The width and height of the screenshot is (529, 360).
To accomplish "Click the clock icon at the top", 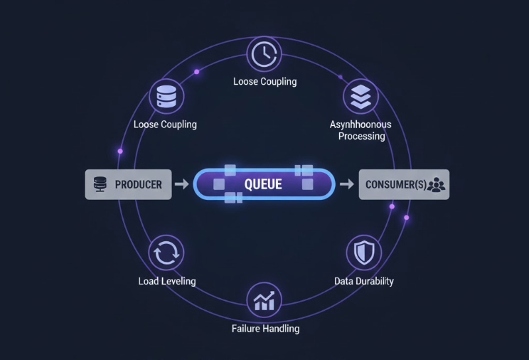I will tap(264, 54).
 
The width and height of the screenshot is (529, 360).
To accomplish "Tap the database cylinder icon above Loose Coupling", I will tap(165, 96).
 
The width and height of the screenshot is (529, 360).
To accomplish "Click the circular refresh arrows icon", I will tap(166, 253).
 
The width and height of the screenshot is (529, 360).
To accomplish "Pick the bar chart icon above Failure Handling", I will tap(264, 301).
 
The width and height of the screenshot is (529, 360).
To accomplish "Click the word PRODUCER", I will tap(138, 184).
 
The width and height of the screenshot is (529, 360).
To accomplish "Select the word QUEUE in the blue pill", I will tap(263, 184).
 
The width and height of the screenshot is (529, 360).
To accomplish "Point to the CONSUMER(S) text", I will tap(396, 185).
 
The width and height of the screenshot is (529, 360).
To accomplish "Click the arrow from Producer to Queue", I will tap(182, 184).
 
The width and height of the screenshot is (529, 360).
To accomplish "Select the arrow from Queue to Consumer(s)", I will tap(346, 184).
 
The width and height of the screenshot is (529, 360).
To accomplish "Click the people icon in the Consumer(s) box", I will tap(437, 185).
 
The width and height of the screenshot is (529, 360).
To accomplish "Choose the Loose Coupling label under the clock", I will tap(264, 81).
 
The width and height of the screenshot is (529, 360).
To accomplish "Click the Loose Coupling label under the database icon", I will tap(165, 125).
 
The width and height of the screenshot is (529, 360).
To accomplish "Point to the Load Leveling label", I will tap(166, 281).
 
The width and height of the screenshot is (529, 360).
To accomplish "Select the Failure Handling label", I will tap(265, 329).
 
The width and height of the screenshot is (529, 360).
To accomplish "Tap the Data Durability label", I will tap(363, 281).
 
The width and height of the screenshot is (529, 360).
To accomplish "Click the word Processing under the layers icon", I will tap(361, 136).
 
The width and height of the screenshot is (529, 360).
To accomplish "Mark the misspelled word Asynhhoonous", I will tap(360, 125).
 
